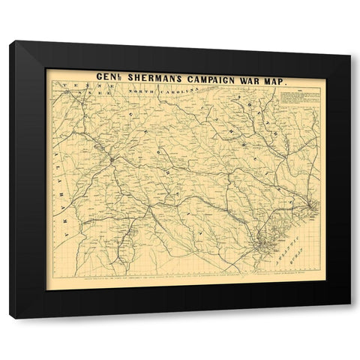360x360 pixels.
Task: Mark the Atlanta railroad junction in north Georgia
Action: pyautogui.click(x=110, y=159)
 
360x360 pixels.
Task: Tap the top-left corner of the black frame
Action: pyautogui.click(x=11, y=43)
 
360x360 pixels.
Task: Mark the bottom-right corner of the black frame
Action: pyautogui.click(x=349, y=317)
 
